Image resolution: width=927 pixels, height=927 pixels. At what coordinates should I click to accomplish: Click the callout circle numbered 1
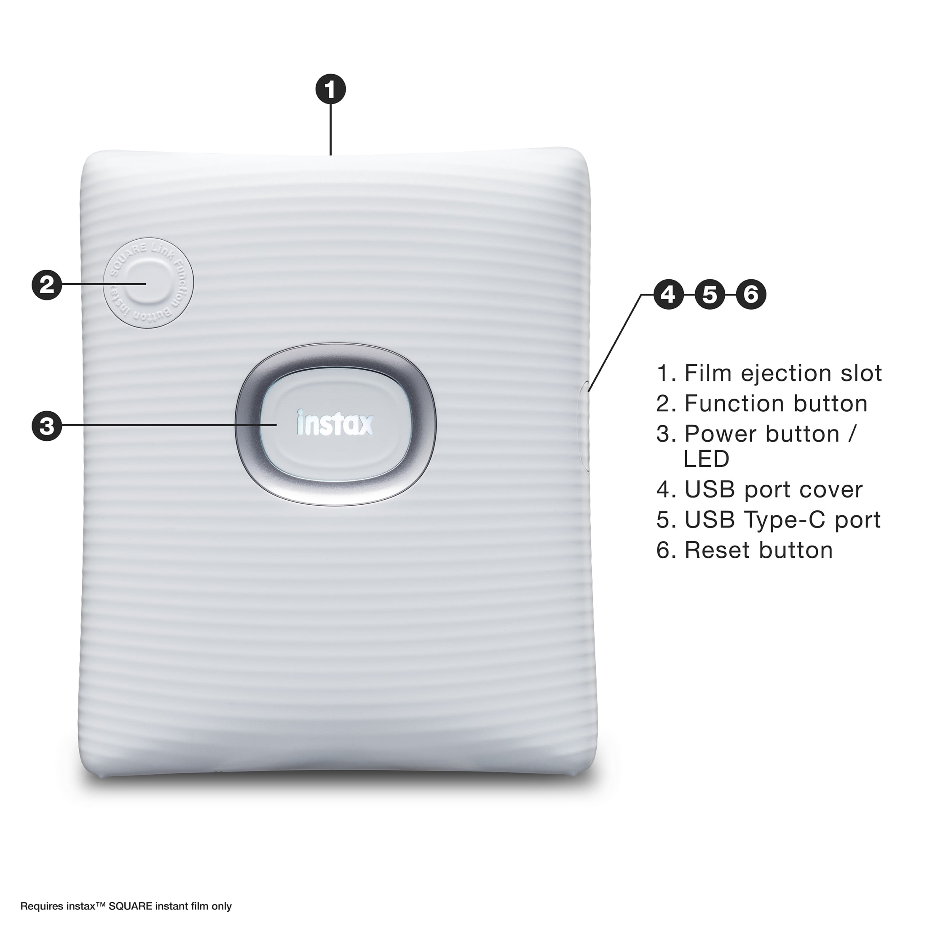coord(331,89)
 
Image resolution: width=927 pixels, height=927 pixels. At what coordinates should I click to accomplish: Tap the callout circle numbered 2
coord(46,285)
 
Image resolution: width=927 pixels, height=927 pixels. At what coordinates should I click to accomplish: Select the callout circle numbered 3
coord(46,426)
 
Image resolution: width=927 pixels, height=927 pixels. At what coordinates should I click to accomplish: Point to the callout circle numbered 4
coord(668,294)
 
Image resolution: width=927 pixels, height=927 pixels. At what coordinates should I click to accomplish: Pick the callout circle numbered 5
coord(710,294)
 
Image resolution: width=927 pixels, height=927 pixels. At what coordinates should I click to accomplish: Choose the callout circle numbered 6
coord(751,294)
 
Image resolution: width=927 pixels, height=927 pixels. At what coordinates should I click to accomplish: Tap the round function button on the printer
coord(148,284)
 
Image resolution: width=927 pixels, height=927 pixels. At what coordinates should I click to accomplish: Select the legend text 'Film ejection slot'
coord(782,373)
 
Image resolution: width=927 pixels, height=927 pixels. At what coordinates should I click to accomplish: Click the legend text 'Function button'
coord(776,404)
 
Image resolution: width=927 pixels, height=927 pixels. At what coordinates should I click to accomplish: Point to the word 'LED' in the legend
coord(706,459)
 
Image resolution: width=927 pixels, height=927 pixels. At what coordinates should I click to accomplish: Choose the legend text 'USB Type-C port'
coord(782,520)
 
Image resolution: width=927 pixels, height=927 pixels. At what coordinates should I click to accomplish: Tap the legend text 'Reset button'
coord(758,550)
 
